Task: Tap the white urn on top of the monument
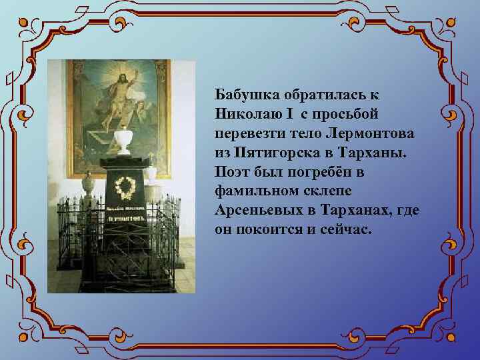point(122,141)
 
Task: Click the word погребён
point(319,171)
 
